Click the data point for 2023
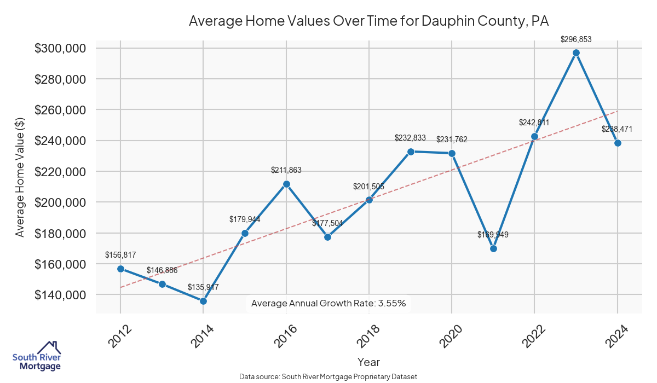click(576, 53)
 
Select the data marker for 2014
click(203, 301)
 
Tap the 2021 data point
click(493, 248)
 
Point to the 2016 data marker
click(286, 184)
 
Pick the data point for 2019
click(411, 152)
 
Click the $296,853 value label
click(576, 39)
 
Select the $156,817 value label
click(120, 255)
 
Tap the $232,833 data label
click(410, 138)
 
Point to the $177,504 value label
click(327, 223)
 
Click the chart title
click(368, 21)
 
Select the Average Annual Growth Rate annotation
click(328, 303)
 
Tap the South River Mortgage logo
click(37, 356)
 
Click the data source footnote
click(328, 376)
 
